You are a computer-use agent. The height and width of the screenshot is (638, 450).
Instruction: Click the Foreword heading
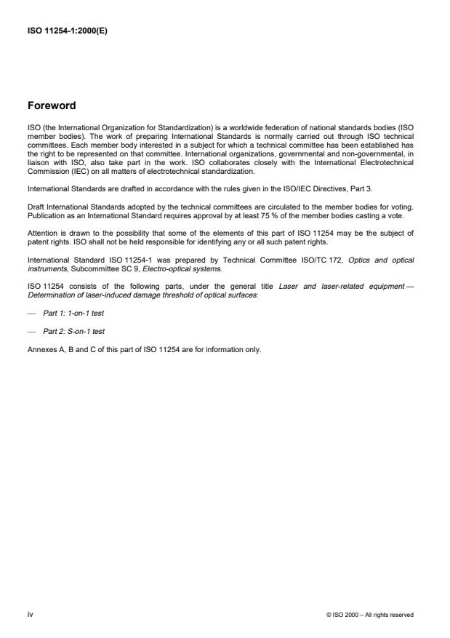(52, 105)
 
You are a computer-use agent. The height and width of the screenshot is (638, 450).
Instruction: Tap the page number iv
(30, 615)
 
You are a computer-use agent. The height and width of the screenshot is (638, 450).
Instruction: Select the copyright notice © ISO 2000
(370, 615)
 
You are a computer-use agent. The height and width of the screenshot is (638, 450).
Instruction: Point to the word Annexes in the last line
(41, 349)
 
